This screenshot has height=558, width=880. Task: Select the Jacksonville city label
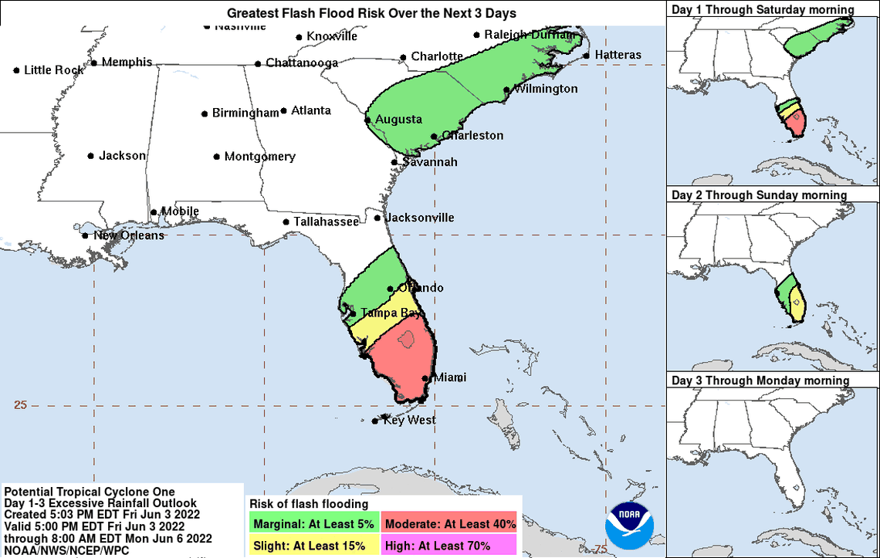tap(419, 218)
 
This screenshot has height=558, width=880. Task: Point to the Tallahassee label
tap(326, 222)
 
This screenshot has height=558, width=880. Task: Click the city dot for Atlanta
tap(284, 111)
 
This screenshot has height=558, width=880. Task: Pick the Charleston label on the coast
tap(472, 136)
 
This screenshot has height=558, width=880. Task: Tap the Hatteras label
tap(618, 55)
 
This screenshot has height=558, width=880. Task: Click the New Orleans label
tap(129, 235)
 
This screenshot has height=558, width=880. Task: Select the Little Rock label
tap(54, 70)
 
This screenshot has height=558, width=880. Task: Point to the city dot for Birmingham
tap(205, 113)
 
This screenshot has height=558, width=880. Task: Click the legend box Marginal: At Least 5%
tap(313, 524)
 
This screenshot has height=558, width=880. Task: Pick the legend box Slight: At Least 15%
tap(313, 546)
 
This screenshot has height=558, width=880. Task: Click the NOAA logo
tap(630, 525)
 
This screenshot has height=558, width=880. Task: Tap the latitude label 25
tap(20, 404)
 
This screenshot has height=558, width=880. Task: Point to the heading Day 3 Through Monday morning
tap(760, 380)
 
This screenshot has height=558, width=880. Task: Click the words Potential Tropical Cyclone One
tap(90, 492)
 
